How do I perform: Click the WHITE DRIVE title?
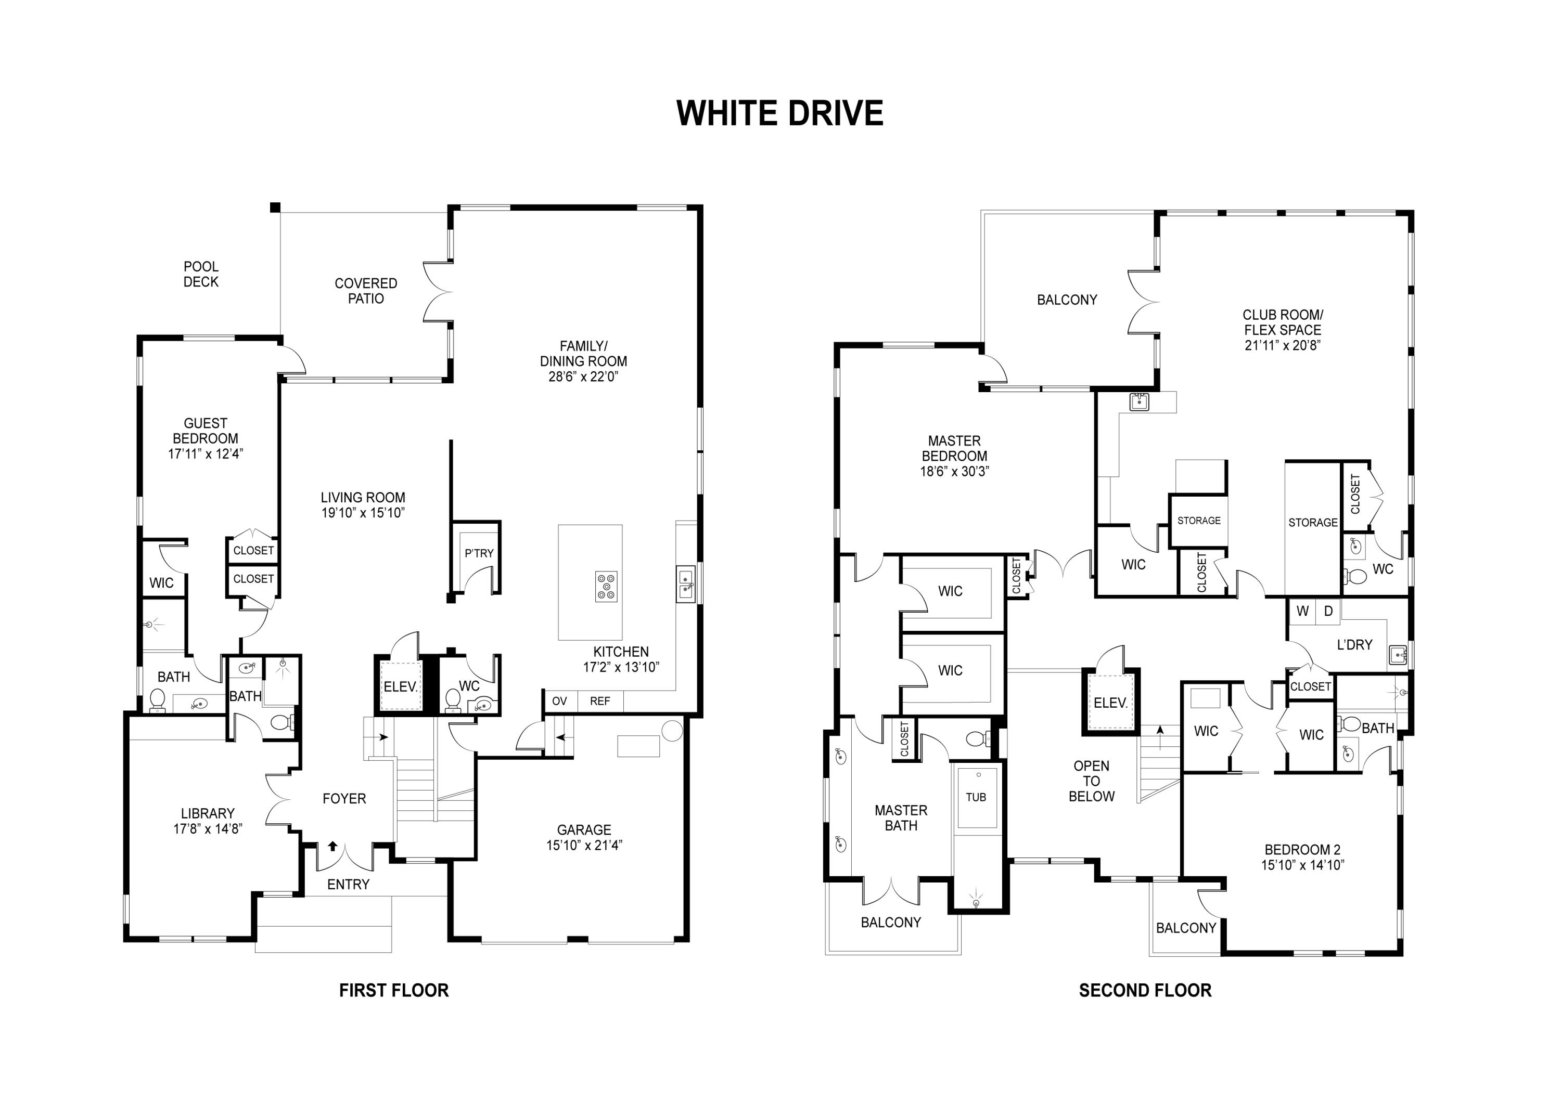point(780,113)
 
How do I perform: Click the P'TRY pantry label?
point(479,553)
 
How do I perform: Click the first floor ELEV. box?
point(400,687)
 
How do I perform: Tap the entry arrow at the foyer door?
point(332,846)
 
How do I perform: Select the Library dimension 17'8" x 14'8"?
point(208,828)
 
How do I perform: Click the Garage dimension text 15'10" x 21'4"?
point(584,845)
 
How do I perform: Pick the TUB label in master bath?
point(976,797)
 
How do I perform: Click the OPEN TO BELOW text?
point(1091,781)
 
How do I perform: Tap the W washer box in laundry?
point(1302,611)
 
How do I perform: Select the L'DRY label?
point(1354,644)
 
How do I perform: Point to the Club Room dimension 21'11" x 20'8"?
point(1282,345)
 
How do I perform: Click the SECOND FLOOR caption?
point(1145,990)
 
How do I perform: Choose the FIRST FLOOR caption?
point(394,990)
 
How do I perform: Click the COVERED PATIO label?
point(366,291)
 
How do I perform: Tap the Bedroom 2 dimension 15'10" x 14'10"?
point(1302,865)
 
